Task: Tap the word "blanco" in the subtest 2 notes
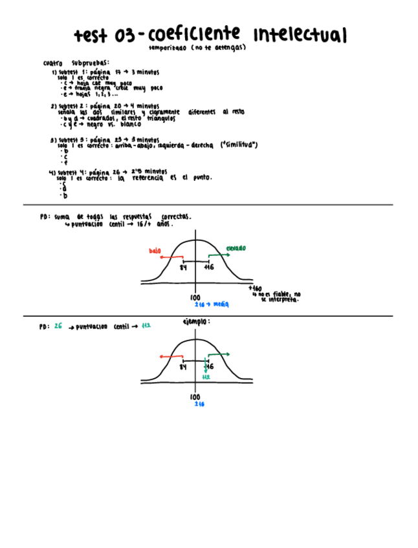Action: pyautogui.click(x=131, y=124)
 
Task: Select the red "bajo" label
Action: pyautogui.click(x=155, y=251)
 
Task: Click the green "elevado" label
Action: pyautogui.click(x=236, y=249)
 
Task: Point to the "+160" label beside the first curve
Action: pyautogui.click(x=255, y=288)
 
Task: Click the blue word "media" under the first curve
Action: pyautogui.click(x=221, y=303)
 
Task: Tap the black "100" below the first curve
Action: pyautogui.click(x=195, y=298)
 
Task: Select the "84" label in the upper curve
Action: pyautogui.click(x=184, y=267)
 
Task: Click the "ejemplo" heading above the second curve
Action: pyautogui.click(x=196, y=321)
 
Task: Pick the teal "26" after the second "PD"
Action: pyautogui.click(x=58, y=327)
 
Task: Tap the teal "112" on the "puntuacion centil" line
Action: pyautogui.click(x=146, y=327)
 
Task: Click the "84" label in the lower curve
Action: pyautogui.click(x=184, y=366)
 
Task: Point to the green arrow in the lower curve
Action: pyautogui.click(x=219, y=355)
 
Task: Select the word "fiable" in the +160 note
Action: pyautogui.click(x=280, y=295)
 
